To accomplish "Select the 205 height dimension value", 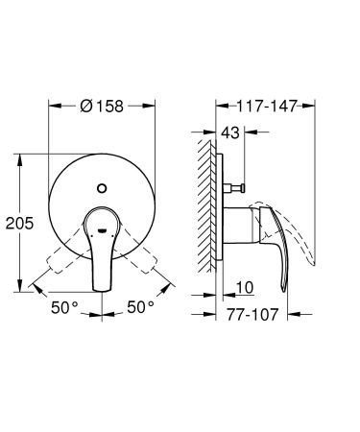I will coord(20,223).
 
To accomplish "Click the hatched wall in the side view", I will coord(205,216).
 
